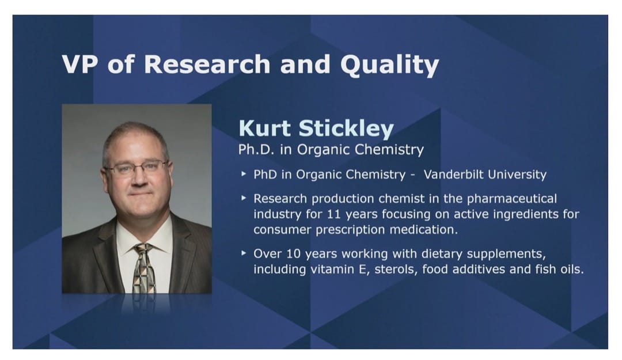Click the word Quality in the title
coord(389,65)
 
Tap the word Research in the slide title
coord(207,64)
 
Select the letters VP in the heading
coord(79,64)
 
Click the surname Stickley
coord(346,129)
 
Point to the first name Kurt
coord(264,128)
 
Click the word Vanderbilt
coord(453,175)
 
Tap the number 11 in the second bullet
coord(334,214)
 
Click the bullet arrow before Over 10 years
coord(244,253)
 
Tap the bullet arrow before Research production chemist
coord(244,198)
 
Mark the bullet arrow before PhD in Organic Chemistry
coord(244,173)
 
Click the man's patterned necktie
coord(144,268)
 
